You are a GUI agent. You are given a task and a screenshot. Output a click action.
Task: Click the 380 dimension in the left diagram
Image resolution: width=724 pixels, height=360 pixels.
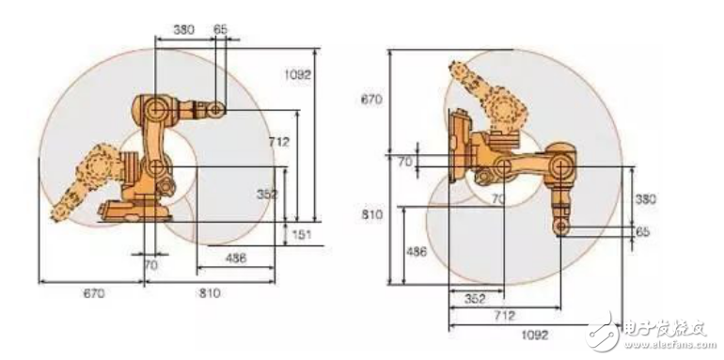click(x=183, y=29)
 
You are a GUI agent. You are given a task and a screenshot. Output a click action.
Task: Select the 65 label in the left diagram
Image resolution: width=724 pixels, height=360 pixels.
click(x=220, y=29)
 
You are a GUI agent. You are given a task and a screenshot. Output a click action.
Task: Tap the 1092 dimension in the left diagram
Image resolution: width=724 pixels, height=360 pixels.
click(x=298, y=75)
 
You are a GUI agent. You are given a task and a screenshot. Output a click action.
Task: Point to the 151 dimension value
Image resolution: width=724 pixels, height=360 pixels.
click(x=302, y=234)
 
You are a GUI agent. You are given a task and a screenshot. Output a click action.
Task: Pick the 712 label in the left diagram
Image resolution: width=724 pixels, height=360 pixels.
click(x=279, y=142)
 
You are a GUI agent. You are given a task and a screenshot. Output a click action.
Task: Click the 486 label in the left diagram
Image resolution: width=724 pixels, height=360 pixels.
click(x=235, y=258)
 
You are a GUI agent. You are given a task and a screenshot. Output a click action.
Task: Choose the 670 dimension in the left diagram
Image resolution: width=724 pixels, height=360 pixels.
click(x=94, y=293)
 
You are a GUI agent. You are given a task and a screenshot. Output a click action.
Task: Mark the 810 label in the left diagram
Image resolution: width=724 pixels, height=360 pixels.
click(x=210, y=293)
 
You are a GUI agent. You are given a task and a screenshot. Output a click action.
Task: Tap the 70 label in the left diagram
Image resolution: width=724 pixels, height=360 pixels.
click(x=151, y=265)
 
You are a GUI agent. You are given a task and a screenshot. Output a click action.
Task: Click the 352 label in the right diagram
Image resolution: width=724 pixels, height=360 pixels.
click(x=475, y=299)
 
